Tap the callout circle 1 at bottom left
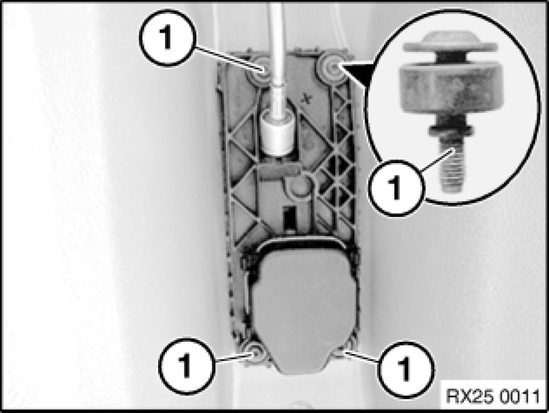185,366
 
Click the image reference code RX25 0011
493,397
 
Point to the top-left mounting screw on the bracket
260,71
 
